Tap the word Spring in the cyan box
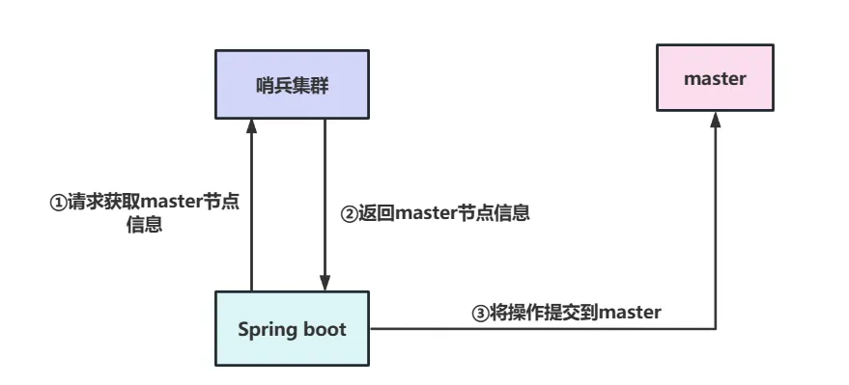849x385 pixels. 265,329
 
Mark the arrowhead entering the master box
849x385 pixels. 716,120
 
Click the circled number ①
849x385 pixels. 57,204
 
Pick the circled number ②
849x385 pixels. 349,214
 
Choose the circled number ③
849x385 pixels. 479,312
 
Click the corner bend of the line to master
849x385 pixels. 716,329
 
